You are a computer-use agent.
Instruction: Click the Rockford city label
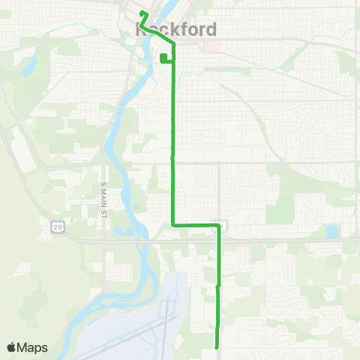(177, 30)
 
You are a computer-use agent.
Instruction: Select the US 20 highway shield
(56, 227)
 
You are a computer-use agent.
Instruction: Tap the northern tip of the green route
(142, 13)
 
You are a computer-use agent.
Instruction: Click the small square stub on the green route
(163, 58)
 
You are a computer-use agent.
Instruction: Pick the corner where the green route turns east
(174, 223)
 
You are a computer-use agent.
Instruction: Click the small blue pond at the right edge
(331, 232)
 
